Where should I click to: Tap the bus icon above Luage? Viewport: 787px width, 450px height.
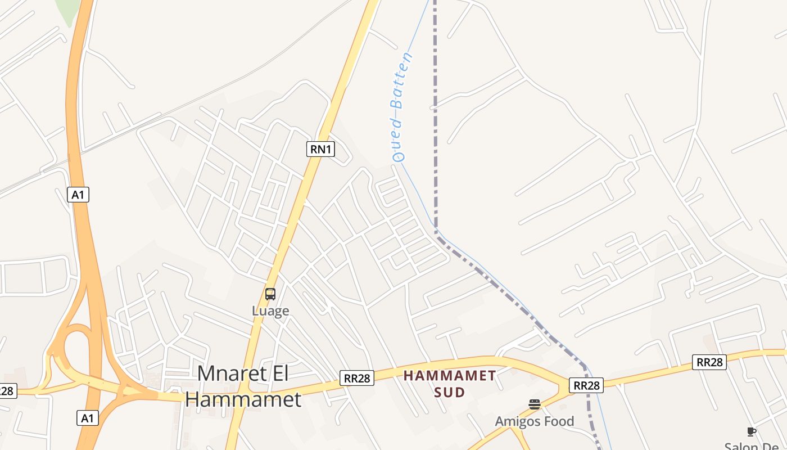(270, 294)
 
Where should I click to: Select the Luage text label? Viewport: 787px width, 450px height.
(270, 310)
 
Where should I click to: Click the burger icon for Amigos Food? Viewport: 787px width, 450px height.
(534, 404)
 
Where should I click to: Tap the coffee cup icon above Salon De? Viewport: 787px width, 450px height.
(752, 431)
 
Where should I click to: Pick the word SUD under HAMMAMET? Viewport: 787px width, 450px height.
(450, 392)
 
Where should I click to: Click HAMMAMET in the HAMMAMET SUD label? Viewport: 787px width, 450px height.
(450, 375)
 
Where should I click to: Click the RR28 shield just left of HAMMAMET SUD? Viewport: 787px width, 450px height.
(357, 378)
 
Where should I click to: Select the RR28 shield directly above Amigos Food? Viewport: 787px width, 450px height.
(586, 385)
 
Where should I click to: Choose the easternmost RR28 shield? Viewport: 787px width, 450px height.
(710, 362)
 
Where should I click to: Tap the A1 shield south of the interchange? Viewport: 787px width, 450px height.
(87, 418)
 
